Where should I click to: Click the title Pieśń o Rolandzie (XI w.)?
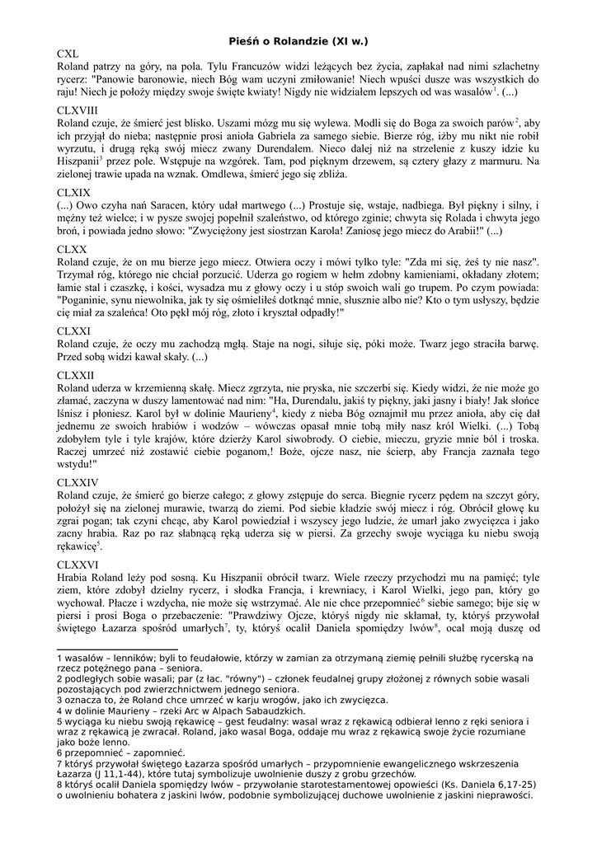pos(298,40)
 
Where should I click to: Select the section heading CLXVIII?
pos(78,109)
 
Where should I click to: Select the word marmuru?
pos(503,162)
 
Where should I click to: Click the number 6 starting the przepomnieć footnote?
pos(59,753)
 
